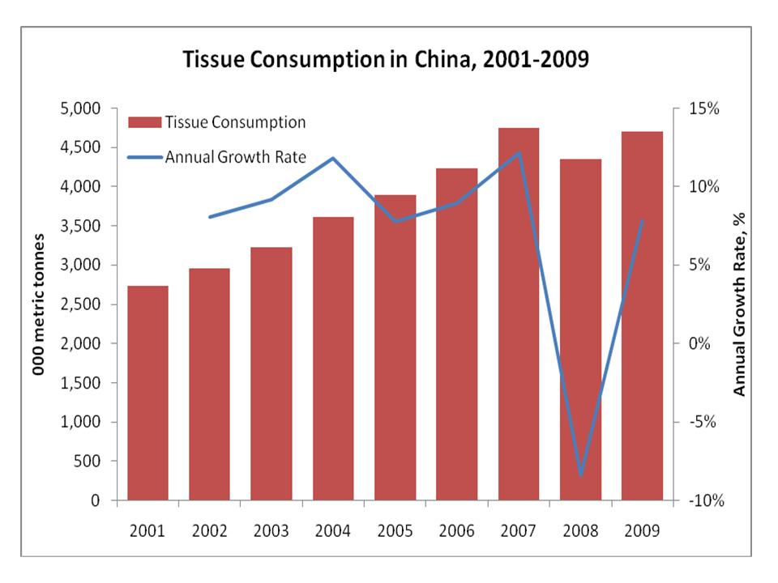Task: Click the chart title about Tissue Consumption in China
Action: [x=385, y=61]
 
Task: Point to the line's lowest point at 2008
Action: [x=580, y=474]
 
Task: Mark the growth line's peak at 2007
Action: [x=519, y=152]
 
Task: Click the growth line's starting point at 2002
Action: [x=209, y=217]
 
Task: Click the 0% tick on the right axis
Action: [x=698, y=343]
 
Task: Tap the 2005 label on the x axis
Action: [x=395, y=531]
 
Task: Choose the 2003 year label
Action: [x=271, y=531]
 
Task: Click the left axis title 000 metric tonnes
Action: [x=38, y=304]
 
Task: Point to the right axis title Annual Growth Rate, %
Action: [x=738, y=304]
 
